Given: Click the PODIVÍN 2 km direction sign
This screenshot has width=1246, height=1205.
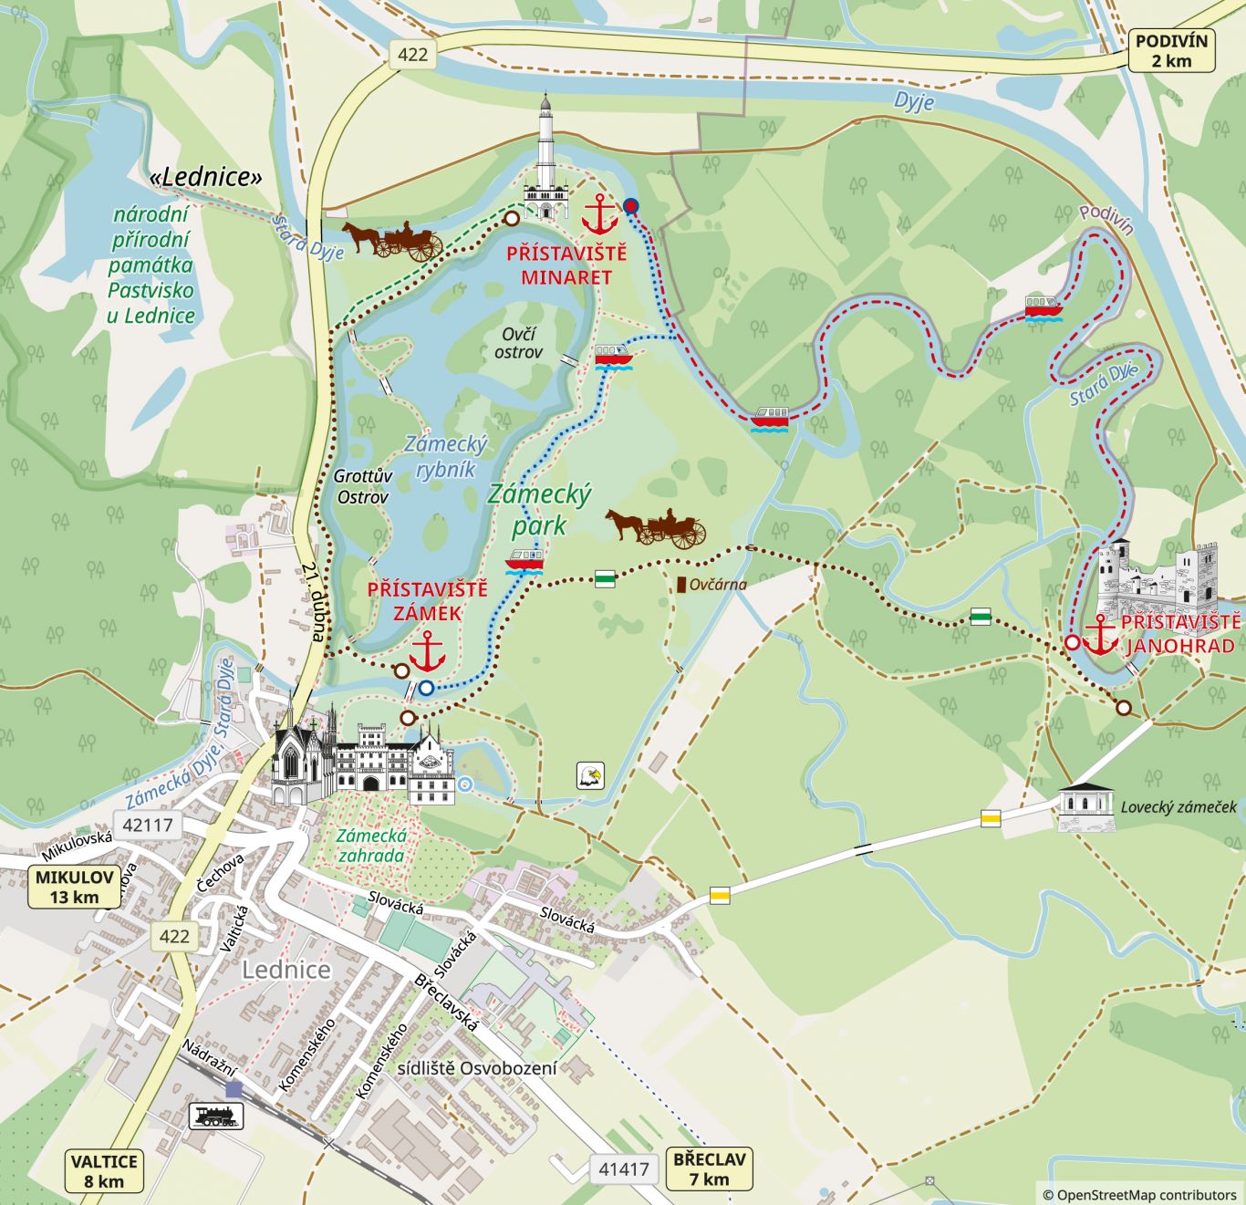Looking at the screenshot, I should tap(1171, 51).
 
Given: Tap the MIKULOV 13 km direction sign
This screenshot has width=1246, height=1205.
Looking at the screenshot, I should tap(75, 887).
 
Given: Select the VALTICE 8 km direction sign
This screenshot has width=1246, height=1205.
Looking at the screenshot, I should tap(104, 1171).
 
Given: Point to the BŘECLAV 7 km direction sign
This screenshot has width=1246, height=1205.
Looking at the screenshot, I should tap(709, 1169).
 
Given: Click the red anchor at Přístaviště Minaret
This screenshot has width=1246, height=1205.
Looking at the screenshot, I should tap(599, 214).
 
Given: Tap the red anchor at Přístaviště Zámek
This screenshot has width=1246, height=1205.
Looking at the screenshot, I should tap(427, 651).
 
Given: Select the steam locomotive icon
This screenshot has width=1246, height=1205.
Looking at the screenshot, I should tap(216, 1116).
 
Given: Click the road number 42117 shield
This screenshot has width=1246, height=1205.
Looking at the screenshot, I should tap(148, 825).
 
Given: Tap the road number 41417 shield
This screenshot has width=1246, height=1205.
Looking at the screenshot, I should tap(624, 1169).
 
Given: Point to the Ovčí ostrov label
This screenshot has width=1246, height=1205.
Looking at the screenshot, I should tap(518, 343).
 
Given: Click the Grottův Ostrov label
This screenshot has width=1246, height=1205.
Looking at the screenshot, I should tap(362, 486).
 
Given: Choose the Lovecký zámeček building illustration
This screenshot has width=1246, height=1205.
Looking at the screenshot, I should tap(1085, 806).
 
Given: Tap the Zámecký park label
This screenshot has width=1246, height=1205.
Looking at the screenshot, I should tap(539, 509).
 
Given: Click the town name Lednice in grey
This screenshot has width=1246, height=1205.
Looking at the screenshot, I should tap(286, 970).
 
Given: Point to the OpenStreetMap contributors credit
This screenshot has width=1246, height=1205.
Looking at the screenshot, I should tap(1139, 1194).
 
